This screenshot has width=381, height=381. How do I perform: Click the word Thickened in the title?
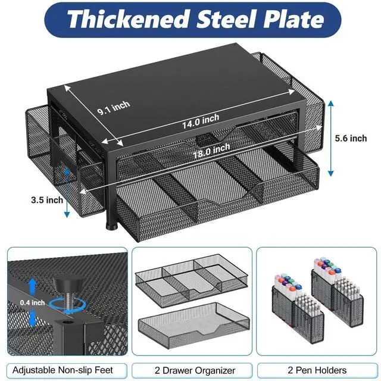(x=129, y=20)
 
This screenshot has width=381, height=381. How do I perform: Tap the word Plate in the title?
(x=293, y=20)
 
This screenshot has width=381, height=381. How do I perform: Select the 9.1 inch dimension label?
(x=114, y=108)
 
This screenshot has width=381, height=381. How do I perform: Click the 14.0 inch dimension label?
(x=201, y=121)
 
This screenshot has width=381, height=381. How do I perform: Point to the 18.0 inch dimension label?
(x=211, y=151)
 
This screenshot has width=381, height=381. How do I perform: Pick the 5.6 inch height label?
(x=351, y=138)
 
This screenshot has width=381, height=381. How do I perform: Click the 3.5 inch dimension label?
(x=47, y=200)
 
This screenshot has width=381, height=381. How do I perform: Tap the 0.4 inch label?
(x=32, y=302)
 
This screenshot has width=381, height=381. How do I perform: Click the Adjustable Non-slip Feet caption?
(x=63, y=370)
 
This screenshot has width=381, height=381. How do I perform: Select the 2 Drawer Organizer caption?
(x=195, y=370)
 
